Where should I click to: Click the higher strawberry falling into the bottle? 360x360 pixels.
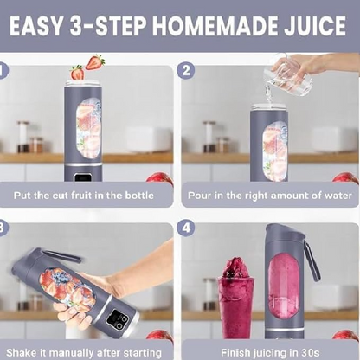tap(95, 62)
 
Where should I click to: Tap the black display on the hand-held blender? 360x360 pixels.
tap(117, 319)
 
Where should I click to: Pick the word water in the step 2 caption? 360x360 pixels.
tap(335, 196)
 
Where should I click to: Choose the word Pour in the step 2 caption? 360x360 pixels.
tap(199, 196)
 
